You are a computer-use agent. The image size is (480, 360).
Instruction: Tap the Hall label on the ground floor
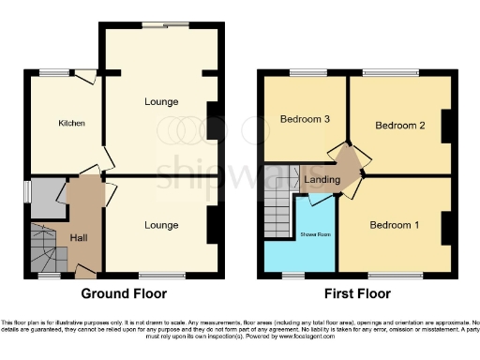click(x=79, y=238)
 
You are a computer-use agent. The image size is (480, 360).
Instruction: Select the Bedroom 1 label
click(x=394, y=225)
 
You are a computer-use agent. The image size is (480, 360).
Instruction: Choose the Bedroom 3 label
click(x=305, y=119)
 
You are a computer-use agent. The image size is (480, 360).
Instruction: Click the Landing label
click(x=322, y=178)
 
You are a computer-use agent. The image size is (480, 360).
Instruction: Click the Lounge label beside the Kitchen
click(x=161, y=101)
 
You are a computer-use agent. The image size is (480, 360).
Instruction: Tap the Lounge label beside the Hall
click(x=161, y=225)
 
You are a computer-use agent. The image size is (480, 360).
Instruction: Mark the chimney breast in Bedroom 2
click(x=446, y=125)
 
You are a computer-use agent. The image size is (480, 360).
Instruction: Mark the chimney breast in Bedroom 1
click(x=446, y=226)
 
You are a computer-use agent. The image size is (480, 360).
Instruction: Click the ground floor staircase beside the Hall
click(x=46, y=248)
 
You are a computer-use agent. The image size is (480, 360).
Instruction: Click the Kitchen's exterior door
click(x=85, y=79)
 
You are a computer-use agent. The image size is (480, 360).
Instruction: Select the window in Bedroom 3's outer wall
click(x=303, y=73)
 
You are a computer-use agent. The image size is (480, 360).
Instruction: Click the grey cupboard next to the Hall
click(x=43, y=197)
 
